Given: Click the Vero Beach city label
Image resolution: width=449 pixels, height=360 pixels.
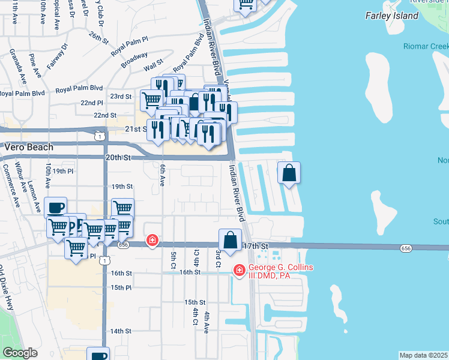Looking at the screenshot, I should [29, 147].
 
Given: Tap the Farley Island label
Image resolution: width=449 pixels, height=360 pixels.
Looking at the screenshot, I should [391, 16].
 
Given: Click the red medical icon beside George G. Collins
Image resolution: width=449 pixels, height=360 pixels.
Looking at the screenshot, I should [239, 271].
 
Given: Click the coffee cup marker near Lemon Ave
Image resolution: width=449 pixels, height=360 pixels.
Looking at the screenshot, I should [55, 208].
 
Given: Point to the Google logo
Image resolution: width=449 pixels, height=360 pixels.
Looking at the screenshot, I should [20, 353].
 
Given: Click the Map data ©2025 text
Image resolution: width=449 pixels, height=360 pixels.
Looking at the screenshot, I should [424, 355].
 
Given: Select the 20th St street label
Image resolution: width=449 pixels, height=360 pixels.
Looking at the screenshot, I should [118, 157].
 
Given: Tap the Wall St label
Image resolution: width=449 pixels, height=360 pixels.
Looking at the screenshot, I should [153, 63].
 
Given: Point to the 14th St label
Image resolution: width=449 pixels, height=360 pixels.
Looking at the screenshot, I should [120, 331].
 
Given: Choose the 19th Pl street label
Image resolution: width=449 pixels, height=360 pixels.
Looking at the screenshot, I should [62, 171].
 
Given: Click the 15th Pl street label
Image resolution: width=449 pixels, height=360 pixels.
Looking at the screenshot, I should [120, 287].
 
